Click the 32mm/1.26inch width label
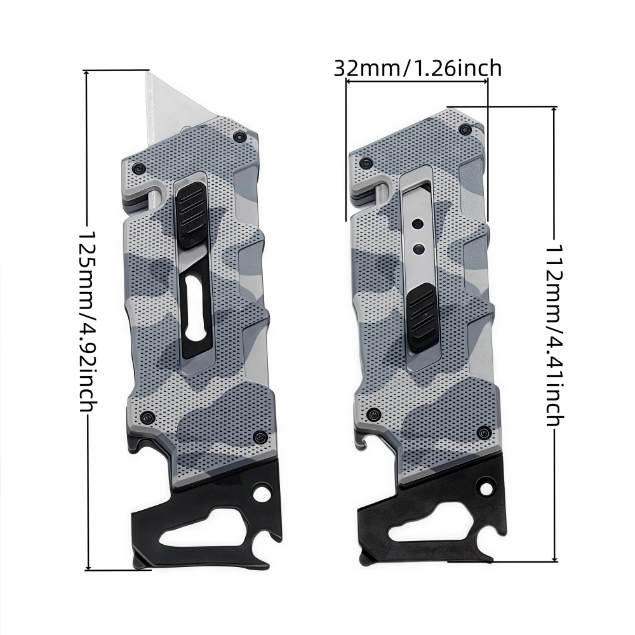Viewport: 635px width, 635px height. point(418,68)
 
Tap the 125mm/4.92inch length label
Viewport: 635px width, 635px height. point(87,321)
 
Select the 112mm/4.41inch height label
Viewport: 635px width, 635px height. point(554,335)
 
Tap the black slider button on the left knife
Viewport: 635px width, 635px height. point(191,215)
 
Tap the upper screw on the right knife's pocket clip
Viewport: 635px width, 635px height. point(417,223)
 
